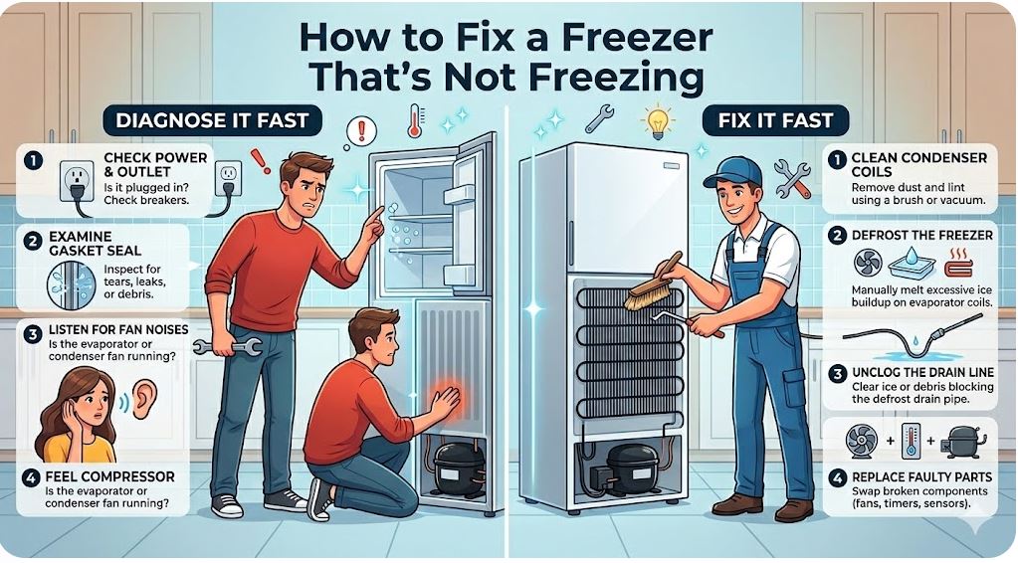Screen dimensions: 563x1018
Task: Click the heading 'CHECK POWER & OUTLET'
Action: [x=155, y=164]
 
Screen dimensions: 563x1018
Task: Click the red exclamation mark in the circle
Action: [x=360, y=129]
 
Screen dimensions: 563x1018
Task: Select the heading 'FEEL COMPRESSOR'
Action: [x=114, y=476]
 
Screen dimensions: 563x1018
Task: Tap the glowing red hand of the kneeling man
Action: [x=444, y=400]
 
